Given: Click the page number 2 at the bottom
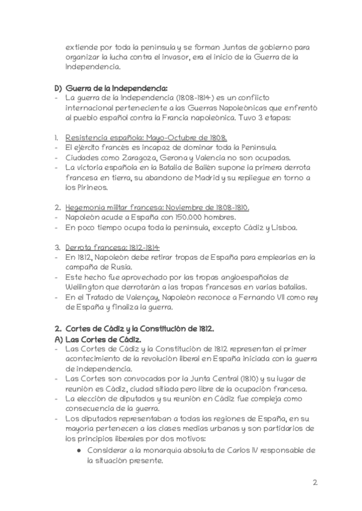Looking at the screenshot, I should click(x=315, y=483).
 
